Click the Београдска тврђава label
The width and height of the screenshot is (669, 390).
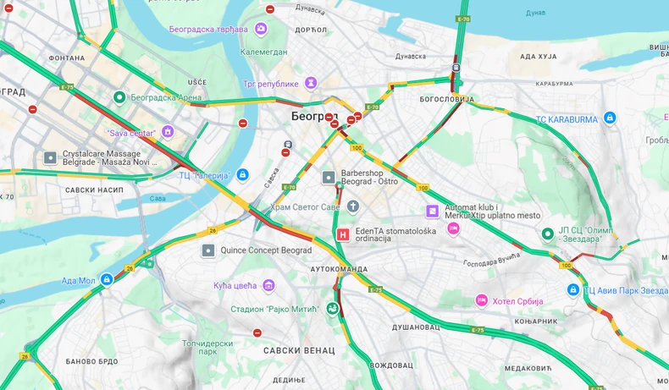point(207,29)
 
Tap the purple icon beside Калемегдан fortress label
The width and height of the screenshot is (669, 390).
point(261,29)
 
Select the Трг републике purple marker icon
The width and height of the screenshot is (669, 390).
point(312,83)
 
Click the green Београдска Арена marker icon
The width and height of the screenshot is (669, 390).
point(120,97)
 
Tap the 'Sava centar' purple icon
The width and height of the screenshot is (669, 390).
point(168,132)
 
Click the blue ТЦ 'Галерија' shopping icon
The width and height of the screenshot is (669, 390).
point(243,175)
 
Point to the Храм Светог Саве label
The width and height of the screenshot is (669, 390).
point(307,206)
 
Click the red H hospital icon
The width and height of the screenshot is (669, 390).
point(343,235)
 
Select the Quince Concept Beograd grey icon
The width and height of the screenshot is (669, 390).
point(207,250)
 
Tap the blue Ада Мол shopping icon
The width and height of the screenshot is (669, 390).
point(107,279)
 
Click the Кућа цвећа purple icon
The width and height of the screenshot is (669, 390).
point(268,285)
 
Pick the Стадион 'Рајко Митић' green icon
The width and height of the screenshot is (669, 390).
point(332,309)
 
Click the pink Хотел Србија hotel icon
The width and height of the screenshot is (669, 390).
point(481,300)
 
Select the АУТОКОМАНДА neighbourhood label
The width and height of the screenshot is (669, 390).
point(340,268)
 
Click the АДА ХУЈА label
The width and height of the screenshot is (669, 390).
point(538,57)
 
